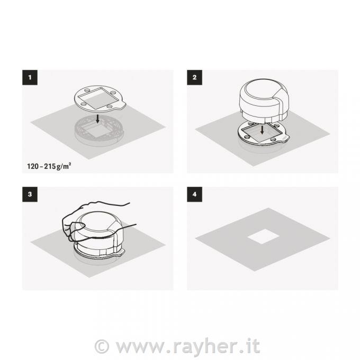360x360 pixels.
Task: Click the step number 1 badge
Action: point(30,77)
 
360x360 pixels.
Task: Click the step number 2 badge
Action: point(194,77)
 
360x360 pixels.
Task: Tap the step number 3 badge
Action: point(30,194)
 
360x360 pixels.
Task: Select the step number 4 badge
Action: point(194,194)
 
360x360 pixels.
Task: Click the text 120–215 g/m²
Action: point(49,166)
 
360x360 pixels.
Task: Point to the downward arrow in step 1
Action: point(97,119)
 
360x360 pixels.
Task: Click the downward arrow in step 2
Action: point(262,130)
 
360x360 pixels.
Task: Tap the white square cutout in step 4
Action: point(263,236)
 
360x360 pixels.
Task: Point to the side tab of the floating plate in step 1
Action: point(121,106)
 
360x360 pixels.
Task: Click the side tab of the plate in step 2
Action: point(285,139)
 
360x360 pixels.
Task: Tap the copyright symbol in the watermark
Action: point(102,346)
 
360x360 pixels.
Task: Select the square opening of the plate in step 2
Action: point(262,132)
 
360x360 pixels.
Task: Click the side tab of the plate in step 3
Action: point(121,253)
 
